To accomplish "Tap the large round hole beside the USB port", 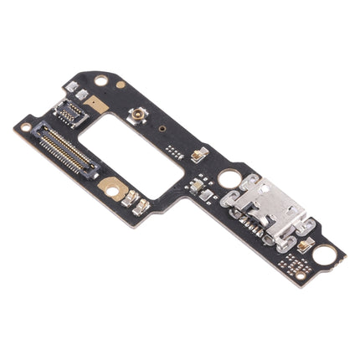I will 229,178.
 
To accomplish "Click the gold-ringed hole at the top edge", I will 101,81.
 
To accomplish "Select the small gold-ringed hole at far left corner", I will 25,127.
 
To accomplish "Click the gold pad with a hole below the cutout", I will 112,190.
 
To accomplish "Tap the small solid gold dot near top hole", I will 121,85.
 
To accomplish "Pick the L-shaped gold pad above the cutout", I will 97,104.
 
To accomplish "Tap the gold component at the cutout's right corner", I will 199,153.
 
